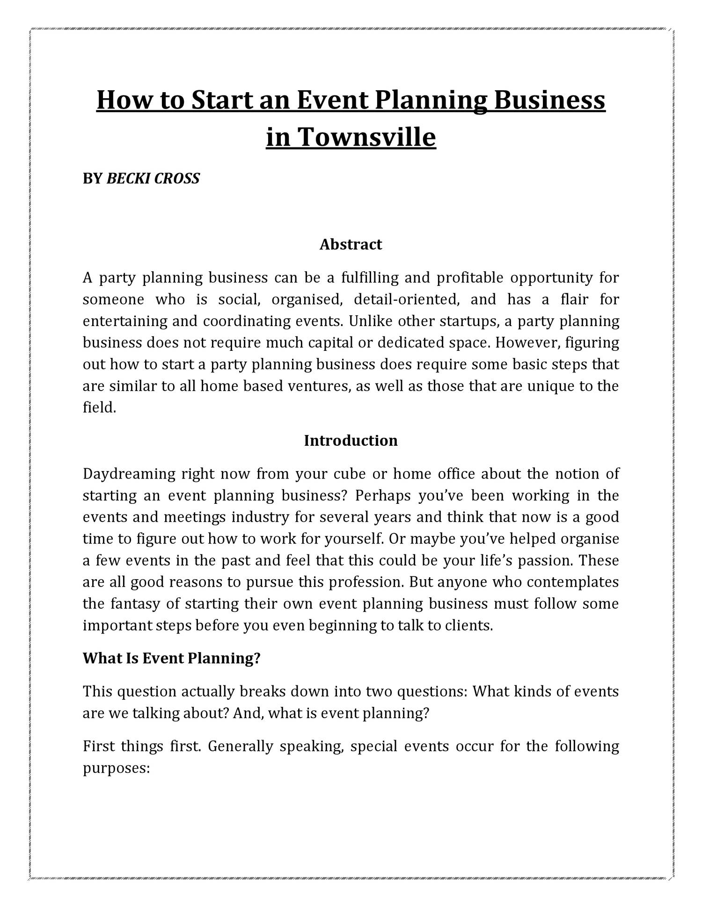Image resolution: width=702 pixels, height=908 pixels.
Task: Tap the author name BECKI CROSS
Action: coord(153,179)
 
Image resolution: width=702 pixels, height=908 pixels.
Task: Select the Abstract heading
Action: coord(351,245)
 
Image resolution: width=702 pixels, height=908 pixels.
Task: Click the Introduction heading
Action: coord(351,441)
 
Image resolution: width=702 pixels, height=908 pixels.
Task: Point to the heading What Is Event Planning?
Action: coord(171,659)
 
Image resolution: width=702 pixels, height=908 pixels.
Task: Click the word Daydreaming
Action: coord(129,474)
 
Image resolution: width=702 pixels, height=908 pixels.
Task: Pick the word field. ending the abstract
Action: coord(99,408)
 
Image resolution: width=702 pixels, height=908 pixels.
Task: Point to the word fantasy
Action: coord(135,604)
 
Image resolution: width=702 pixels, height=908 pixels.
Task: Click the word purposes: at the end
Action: coord(116,769)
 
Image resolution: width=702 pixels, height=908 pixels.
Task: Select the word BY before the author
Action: coord(92,179)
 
